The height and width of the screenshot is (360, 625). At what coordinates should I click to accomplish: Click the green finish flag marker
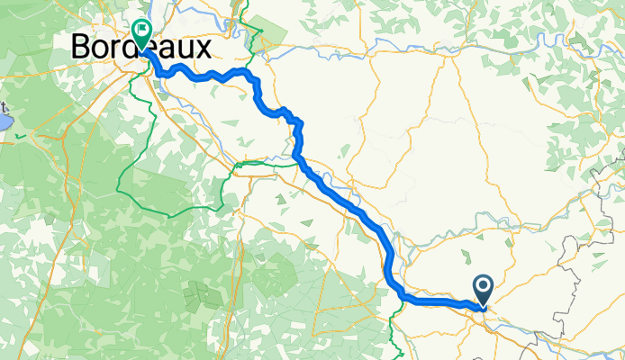[142, 33]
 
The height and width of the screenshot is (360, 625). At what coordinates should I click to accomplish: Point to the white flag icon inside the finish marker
[142, 30]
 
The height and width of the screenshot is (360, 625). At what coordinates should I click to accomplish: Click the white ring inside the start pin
[483, 287]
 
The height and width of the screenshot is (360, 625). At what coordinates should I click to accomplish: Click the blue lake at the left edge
[4, 119]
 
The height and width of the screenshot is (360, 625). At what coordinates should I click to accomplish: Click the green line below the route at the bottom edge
[397, 337]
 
